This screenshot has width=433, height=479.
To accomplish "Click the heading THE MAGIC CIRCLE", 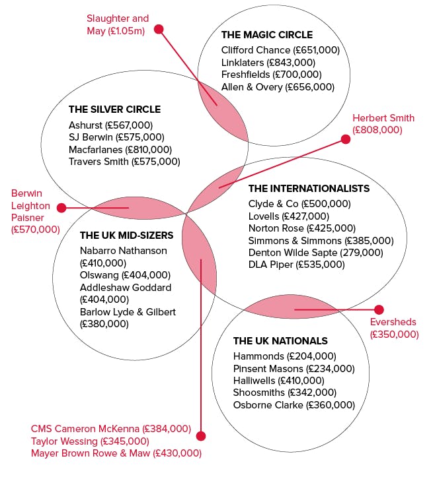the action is click(x=267, y=35).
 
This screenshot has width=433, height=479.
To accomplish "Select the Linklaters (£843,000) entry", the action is click(x=268, y=63).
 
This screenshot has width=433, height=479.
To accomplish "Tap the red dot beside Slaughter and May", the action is click(x=159, y=29).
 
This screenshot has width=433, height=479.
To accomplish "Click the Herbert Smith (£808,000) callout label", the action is click(x=383, y=124).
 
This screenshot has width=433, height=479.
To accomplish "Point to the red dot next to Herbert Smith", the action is click(x=346, y=139).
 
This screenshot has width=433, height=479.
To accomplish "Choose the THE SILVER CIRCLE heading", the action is click(x=114, y=110).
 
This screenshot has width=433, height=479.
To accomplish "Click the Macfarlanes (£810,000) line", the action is click(x=120, y=150).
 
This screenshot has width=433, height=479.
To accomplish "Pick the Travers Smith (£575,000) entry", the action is click(x=124, y=162).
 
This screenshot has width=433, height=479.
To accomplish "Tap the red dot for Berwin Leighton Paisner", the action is click(x=61, y=208).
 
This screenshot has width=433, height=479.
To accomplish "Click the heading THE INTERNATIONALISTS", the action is click(x=309, y=189).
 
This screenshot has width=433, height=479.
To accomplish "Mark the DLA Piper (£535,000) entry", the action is click(x=297, y=265).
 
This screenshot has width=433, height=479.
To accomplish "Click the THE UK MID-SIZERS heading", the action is click(x=126, y=236).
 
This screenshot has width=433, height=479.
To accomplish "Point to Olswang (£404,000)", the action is click(x=125, y=275).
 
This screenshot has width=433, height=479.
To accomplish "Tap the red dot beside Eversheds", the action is click(x=379, y=309).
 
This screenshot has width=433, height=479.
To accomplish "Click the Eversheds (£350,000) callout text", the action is click(x=394, y=328).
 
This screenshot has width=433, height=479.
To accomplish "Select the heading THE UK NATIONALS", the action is click(x=280, y=341).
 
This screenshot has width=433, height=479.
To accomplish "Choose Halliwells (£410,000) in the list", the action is click(x=278, y=381).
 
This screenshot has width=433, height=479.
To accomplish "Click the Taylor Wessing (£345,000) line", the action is click(x=90, y=441).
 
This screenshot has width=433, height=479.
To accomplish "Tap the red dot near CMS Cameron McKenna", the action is click(x=201, y=436).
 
